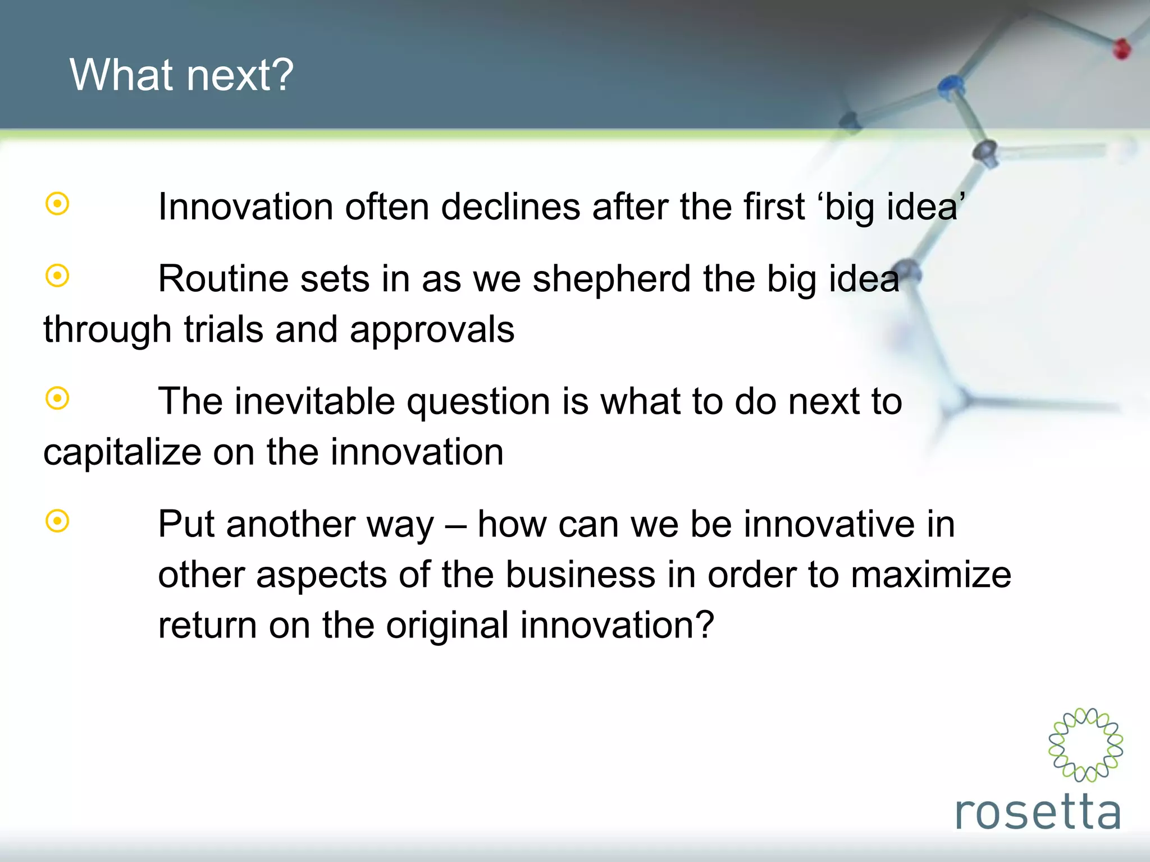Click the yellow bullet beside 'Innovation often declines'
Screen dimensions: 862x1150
coord(57,204)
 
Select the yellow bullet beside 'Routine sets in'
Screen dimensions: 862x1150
coord(57,276)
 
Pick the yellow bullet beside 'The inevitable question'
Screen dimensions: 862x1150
coord(57,398)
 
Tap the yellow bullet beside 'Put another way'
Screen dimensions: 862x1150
coord(57,521)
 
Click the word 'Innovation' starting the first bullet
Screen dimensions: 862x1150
coord(245,207)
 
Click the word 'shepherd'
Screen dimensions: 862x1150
coord(611,278)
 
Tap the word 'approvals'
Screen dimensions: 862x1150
coord(432,330)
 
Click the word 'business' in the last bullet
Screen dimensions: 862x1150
coord(580,575)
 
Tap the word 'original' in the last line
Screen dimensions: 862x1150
coord(446,625)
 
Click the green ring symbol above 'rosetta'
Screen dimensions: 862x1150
coord(1085,745)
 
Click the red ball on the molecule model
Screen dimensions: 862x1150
coord(1122,49)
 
